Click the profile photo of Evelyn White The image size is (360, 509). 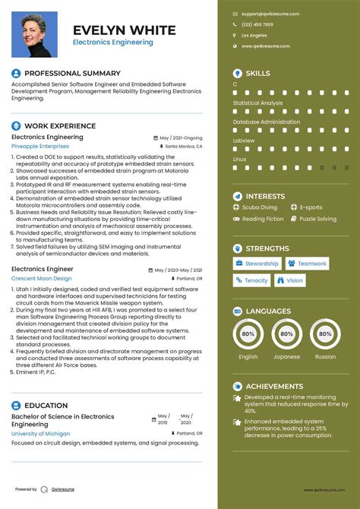[34, 34]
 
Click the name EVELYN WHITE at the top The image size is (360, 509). [124, 30]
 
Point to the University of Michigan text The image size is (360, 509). [40, 434]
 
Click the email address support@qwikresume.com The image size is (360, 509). [266, 14]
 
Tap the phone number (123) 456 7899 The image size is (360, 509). [257, 24]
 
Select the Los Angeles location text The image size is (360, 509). [254, 36]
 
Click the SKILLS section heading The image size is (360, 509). [257, 73]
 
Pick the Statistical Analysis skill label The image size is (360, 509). [257, 103]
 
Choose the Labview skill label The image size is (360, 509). [244, 141]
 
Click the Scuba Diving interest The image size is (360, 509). [259, 207]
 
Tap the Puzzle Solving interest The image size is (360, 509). [317, 219]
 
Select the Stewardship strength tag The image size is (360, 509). [257, 264]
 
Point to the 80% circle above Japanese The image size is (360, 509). [286, 334]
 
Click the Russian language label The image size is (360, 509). [325, 356]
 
